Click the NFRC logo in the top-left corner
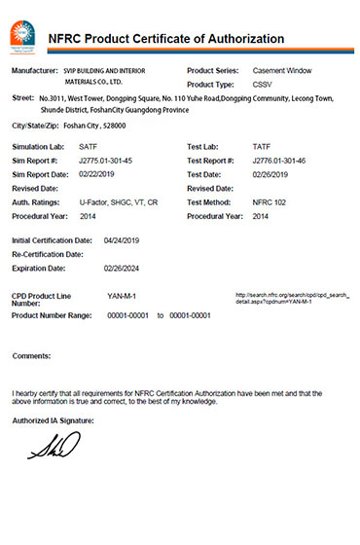(21, 36)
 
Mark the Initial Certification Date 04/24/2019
(124, 238)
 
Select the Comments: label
(31, 356)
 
